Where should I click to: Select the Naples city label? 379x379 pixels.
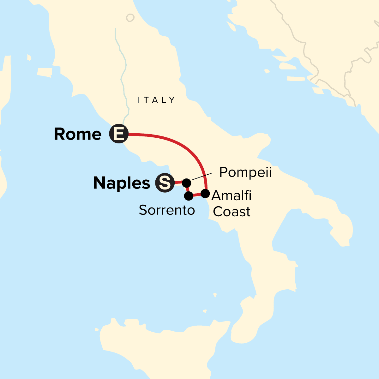(x=122, y=183)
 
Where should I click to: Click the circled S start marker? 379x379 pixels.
(x=165, y=183)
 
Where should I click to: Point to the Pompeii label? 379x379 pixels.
(x=245, y=172)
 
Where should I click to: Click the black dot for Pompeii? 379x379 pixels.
(x=187, y=183)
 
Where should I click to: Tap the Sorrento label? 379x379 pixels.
(x=167, y=210)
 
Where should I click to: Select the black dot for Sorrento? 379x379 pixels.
(x=189, y=196)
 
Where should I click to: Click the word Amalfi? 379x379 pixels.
(x=232, y=196)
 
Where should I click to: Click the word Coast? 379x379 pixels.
(x=232, y=212)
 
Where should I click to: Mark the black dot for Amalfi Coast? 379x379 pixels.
(x=205, y=193)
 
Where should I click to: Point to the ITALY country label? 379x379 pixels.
(x=156, y=100)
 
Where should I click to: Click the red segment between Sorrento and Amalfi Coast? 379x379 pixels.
(x=197, y=195)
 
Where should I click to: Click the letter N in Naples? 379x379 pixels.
(x=99, y=183)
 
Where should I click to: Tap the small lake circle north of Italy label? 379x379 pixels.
(x=130, y=18)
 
